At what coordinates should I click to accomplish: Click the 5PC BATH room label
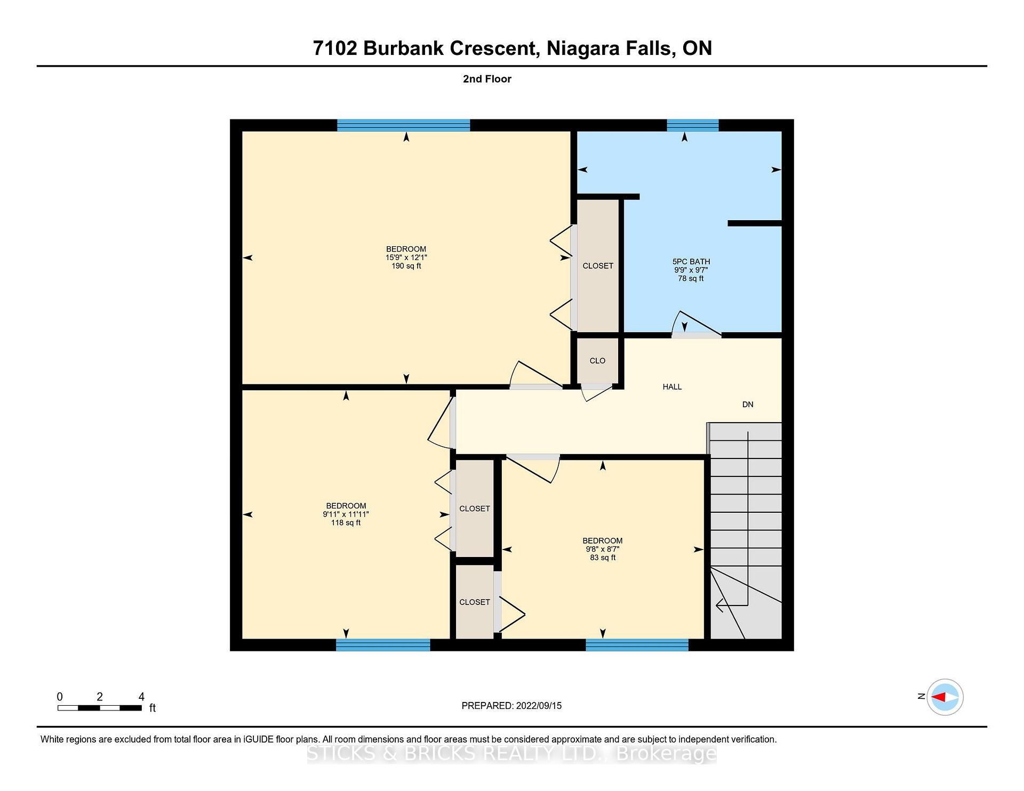click(x=691, y=262)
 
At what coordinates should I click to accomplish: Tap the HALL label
click(x=672, y=387)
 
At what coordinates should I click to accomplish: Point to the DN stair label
click(x=748, y=405)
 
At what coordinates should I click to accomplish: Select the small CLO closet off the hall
click(x=597, y=361)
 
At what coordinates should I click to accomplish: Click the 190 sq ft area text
click(x=406, y=266)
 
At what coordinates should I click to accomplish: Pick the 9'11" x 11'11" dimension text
click(x=346, y=514)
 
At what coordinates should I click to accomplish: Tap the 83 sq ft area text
click(x=603, y=558)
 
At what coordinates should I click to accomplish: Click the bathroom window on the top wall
click(x=693, y=125)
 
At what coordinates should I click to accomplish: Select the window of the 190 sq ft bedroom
click(x=404, y=125)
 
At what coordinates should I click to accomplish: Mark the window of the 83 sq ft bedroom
click(x=637, y=645)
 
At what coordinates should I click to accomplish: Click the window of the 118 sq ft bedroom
click(x=383, y=645)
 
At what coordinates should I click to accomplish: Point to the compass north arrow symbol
click(x=945, y=697)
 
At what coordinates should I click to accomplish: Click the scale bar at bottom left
click(x=100, y=708)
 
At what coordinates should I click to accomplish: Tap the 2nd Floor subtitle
click(x=487, y=79)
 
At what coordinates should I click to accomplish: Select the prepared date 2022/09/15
click(x=539, y=706)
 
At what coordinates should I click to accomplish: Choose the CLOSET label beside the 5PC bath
click(x=598, y=266)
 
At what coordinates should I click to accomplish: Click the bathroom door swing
click(x=695, y=324)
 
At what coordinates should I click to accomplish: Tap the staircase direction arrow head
click(x=720, y=606)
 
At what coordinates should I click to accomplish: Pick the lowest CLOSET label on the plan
click(x=475, y=602)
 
